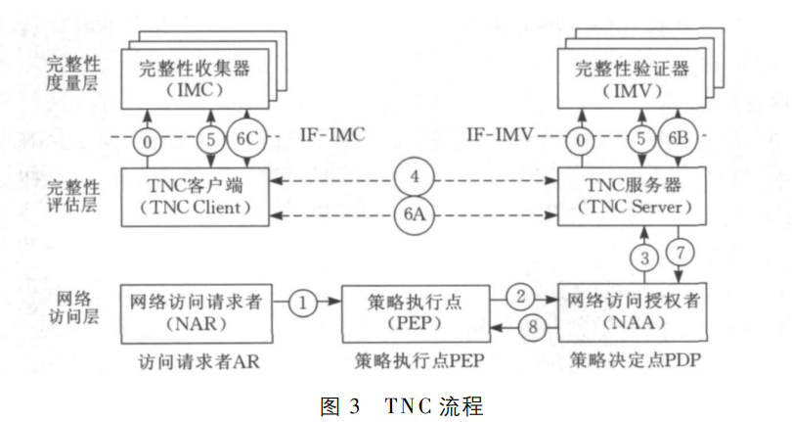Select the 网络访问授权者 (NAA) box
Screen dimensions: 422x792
(627, 307)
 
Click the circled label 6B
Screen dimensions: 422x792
(679, 139)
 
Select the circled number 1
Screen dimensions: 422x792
(303, 303)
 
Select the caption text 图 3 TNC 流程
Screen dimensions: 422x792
(401, 404)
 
